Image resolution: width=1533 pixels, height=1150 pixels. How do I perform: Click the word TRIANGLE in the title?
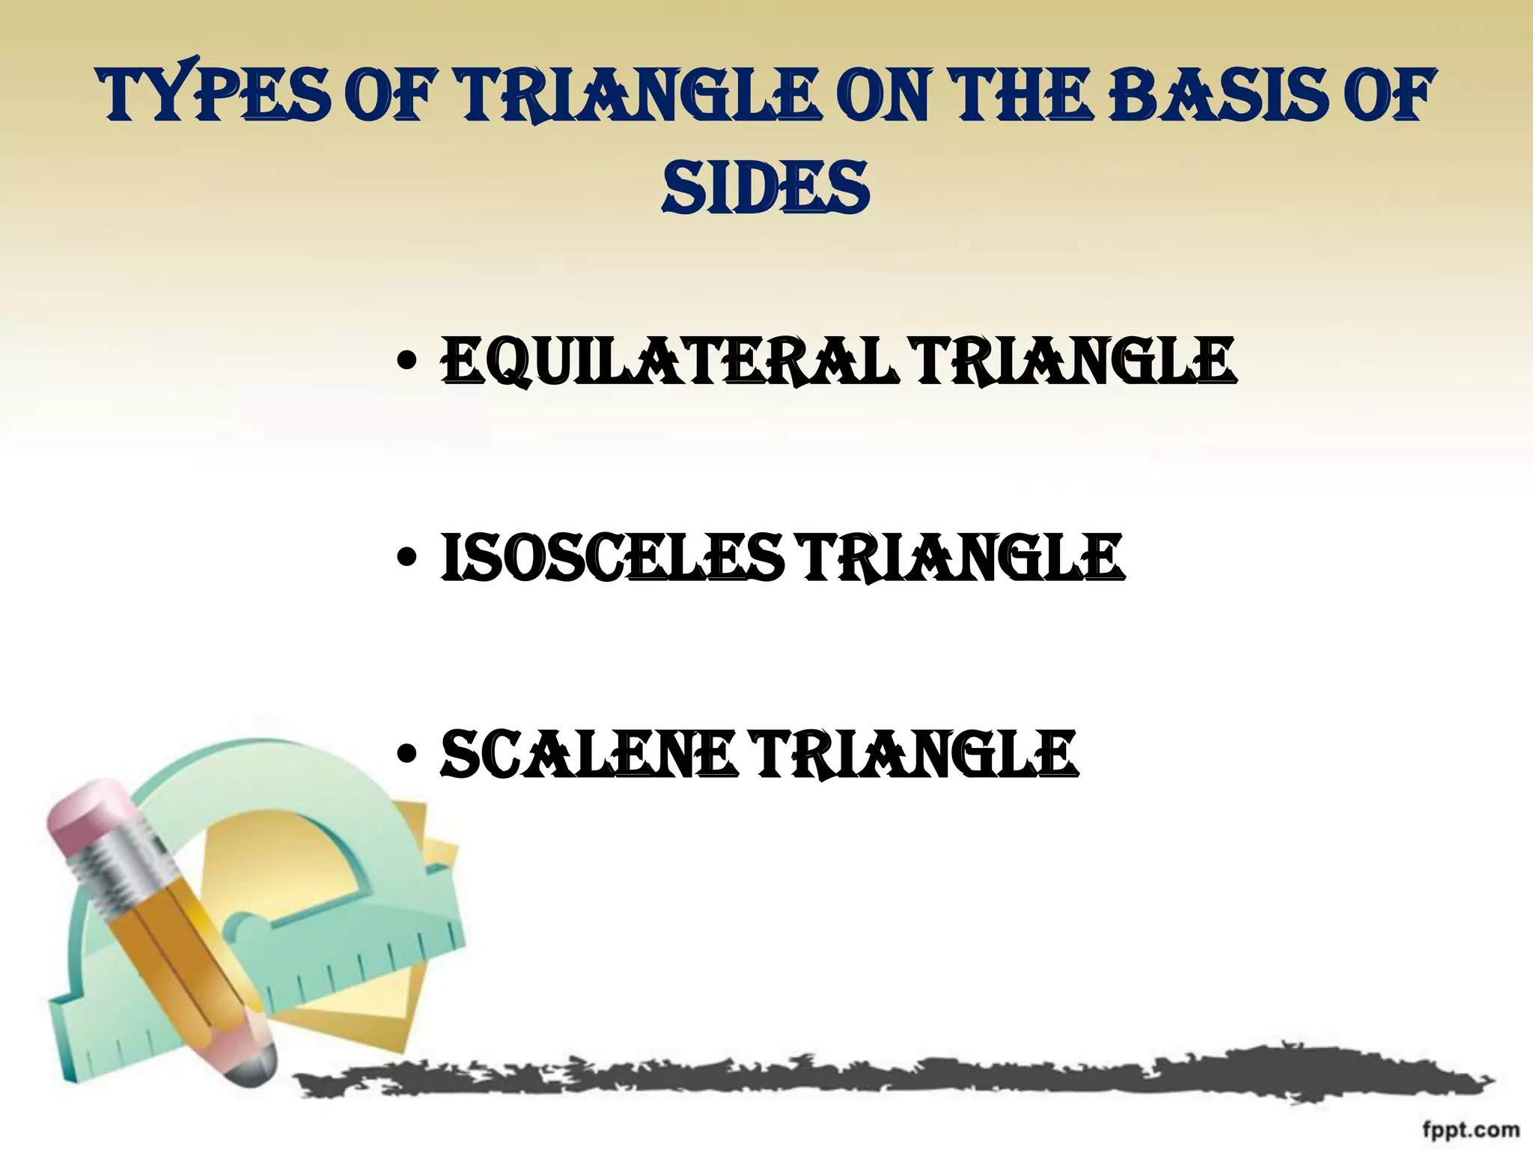636,96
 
